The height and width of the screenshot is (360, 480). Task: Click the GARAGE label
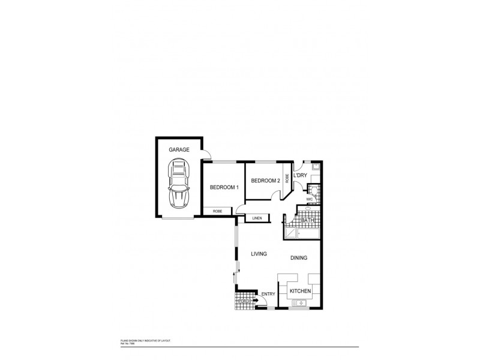coord(179,149)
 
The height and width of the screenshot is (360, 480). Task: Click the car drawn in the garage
coord(179,184)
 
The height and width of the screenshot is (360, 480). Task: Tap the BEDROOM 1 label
coord(224,188)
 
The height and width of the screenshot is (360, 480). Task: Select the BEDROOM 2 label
coord(265,181)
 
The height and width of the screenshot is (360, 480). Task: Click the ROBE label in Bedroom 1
coord(218,211)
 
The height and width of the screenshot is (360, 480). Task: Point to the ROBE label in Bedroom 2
coord(288,178)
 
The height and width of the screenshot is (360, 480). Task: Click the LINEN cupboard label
coord(257,218)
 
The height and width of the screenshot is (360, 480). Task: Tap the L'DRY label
coord(301,175)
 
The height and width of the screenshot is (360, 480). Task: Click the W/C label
coord(310,199)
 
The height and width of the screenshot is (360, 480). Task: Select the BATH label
coord(308,221)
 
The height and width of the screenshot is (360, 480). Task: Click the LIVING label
coord(259,254)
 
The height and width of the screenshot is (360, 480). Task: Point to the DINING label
coord(299,257)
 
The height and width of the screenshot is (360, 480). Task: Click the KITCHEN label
coord(300,291)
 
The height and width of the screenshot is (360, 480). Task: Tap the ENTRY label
coord(268,293)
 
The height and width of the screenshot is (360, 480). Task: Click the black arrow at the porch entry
coord(256,301)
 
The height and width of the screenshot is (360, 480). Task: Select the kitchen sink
coord(298,306)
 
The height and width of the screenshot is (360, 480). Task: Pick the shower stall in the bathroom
coord(292,233)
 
